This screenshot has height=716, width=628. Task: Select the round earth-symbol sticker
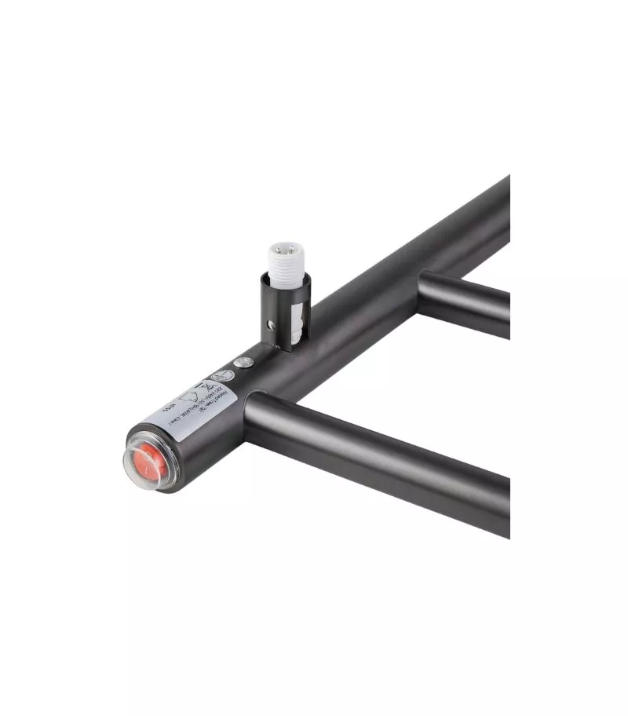point(223,376)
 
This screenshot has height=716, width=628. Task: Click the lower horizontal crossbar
point(377,448)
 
